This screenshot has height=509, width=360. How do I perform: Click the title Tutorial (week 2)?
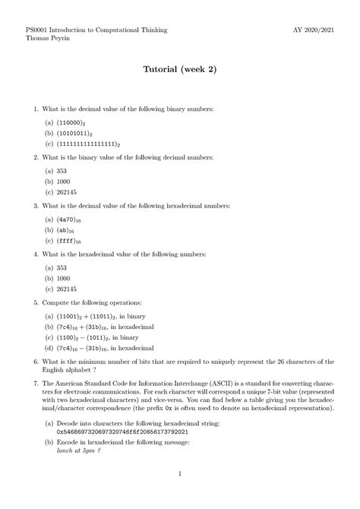[x=180, y=69]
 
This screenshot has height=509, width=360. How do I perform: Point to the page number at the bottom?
[x=180, y=476]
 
